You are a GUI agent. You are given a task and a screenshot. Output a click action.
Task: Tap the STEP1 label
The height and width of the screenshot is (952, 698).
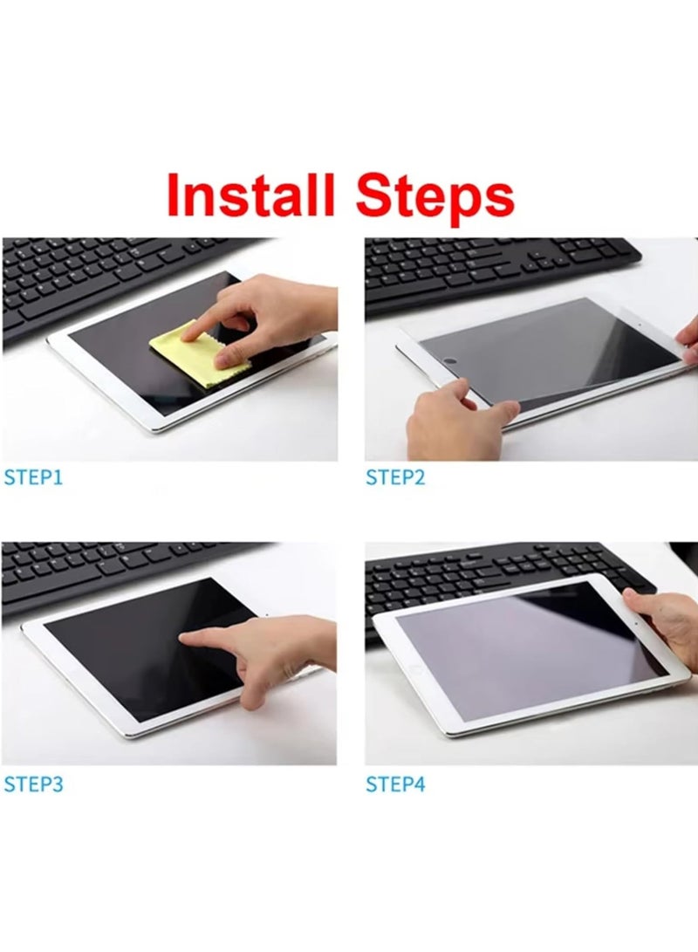click(x=33, y=478)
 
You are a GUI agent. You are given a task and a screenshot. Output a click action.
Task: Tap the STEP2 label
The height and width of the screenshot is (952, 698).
click(x=395, y=478)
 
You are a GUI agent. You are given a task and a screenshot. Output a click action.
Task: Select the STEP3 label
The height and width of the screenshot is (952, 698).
click(x=33, y=784)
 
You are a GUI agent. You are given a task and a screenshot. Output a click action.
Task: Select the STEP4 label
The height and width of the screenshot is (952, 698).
click(x=395, y=784)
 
